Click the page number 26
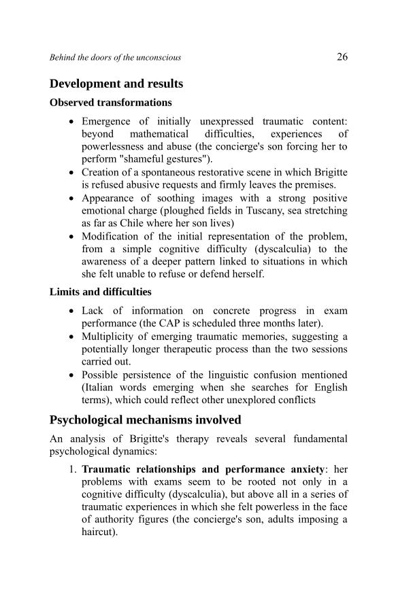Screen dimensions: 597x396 (x=342, y=57)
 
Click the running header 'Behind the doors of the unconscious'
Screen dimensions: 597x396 (x=115, y=58)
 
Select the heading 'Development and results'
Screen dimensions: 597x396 (x=116, y=84)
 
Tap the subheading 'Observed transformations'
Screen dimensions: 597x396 (x=111, y=103)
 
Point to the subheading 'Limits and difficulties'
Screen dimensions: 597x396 (x=101, y=292)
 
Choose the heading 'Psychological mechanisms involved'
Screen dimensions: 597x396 (x=145, y=420)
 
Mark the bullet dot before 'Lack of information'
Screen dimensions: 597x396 (x=72, y=311)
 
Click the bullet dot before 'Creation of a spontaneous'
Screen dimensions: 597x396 (x=72, y=173)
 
